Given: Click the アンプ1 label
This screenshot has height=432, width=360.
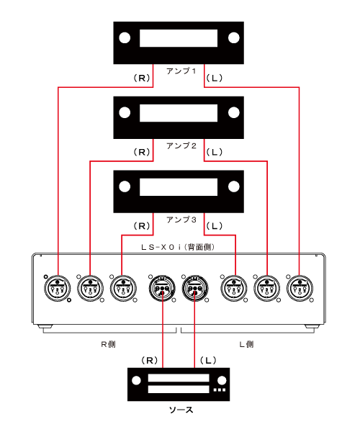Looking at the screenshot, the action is click(x=181, y=71).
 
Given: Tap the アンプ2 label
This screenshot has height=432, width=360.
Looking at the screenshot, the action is click(x=181, y=145).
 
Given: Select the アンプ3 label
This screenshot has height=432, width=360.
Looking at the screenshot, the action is click(x=181, y=220).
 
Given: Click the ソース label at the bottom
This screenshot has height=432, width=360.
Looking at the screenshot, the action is click(x=181, y=410).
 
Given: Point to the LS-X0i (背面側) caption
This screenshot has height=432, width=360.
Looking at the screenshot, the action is click(x=178, y=247).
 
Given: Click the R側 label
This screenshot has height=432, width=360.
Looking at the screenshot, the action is click(x=108, y=344).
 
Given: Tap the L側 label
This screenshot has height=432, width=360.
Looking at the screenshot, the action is click(x=246, y=344).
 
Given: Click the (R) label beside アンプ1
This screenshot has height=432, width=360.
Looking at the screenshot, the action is click(x=142, y=78).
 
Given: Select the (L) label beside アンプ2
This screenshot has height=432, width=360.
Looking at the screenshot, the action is click(x=215, y=152).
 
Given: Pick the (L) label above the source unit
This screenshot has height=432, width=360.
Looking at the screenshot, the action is click(x=208, y=360).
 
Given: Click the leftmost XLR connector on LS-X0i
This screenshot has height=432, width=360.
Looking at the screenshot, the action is click(x=58, y=288).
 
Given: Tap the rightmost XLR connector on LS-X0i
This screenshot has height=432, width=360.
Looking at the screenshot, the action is click(x=300, y=288).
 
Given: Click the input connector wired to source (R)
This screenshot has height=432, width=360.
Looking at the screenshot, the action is click(x=162, y=288).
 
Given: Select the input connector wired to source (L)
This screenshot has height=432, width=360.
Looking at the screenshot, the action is click(x=194, y=288).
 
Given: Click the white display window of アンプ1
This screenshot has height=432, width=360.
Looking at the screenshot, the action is click(x=179, y=38).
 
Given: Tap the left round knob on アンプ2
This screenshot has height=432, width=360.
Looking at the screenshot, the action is click(x=125, y=112).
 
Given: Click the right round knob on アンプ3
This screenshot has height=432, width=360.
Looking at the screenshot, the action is click(x=233, y=186).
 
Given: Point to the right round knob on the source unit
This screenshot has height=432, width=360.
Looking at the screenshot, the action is click(x=222, y=380).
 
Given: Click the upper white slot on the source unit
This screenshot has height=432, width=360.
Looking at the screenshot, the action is click(x=179, y=378).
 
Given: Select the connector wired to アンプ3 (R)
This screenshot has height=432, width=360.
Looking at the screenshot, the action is click(x=123, y=288).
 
